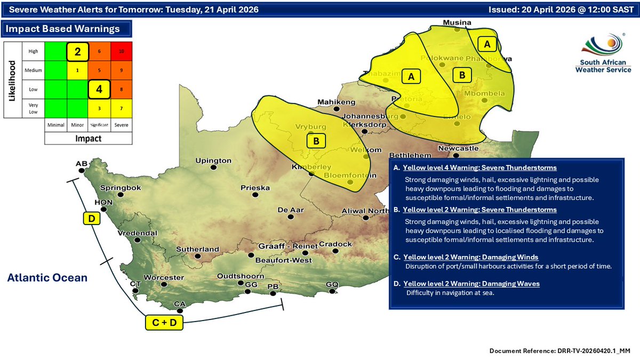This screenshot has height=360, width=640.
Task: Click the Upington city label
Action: tap(213, 160)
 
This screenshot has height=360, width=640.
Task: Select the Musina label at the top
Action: tap(458, 23)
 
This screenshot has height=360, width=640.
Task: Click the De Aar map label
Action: tap(291, 210)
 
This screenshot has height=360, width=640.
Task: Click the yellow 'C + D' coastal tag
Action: tap(164, 322)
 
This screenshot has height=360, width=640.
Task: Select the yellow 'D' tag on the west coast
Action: tap(91, 218)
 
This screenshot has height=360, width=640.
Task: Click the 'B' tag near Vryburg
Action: tap(316, 141)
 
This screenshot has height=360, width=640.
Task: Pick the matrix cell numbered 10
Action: tap(122, 52)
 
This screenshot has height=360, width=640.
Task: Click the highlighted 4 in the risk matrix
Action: tap(99, 89)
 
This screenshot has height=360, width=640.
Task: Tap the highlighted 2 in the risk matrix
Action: tap(77, 52)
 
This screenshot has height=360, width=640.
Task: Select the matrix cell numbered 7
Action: tap(122, 108)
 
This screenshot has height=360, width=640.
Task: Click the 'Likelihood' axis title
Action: tap(12, 80)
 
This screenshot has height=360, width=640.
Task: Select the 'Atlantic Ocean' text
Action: tap(47, 277)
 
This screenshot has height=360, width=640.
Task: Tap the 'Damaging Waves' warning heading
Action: tap(471, 284)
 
